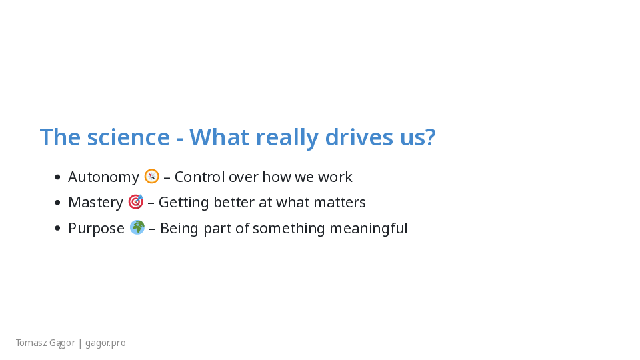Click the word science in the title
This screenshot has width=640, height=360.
tap(128, 137)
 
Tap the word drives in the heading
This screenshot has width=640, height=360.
tap(359, 137)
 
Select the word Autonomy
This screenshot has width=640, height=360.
tap(104, 177)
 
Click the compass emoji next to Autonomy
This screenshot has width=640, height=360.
tap(151, 176)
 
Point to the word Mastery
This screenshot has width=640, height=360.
tap(95, 203)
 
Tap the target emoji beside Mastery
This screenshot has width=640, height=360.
tap(135, 201)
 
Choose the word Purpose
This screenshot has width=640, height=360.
tap(96, 229)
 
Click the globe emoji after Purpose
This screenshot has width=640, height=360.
tap(137, 227)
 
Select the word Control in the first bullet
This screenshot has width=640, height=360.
tap(199, 177)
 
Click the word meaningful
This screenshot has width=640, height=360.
tap(369, 228)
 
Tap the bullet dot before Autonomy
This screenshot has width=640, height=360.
tap(57, 177)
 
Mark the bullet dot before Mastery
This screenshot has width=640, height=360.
tap(57, 203)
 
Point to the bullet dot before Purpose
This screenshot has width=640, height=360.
tap(57, 228)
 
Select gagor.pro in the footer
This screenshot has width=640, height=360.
tap(105, 343)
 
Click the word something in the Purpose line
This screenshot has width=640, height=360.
tap(289, 228)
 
